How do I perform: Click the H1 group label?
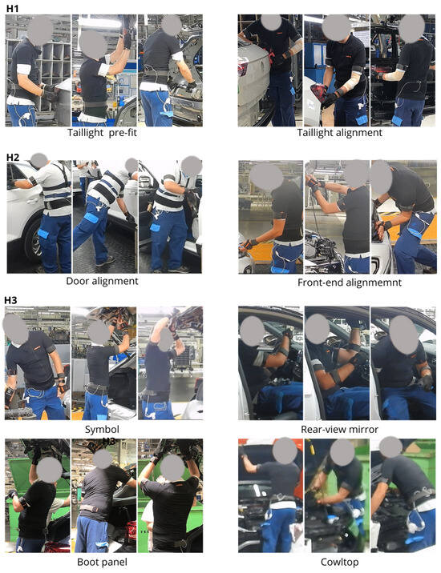pyautogui.click(x=12, y=8)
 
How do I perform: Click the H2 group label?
pyautogui.click(x=13, y=158)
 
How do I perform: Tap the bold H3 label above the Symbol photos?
pyautogui.click(x=10, y=300)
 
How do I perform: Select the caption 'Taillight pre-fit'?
pyautogui.click(x=102, y=133)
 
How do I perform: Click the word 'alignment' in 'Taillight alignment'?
pyautogui.click(x=360, y=133)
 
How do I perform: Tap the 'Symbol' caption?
pyautogui.click(x=102, y=430)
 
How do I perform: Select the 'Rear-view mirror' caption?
pyautogui.click(x=339, y=430)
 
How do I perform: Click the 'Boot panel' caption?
pyautogui.click(x=102, y=562)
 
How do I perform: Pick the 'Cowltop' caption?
pyautogui.click(x=339, y=563)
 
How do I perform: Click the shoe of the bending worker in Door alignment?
pyautogui.click(x=105, y=261)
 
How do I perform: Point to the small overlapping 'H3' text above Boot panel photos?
pyautogui.click(x=109, y=442)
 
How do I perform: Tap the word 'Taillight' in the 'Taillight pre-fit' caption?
pyautogui.click(x=86, y=133)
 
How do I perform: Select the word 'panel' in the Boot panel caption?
pyautogui.click(x=115, y=562)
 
